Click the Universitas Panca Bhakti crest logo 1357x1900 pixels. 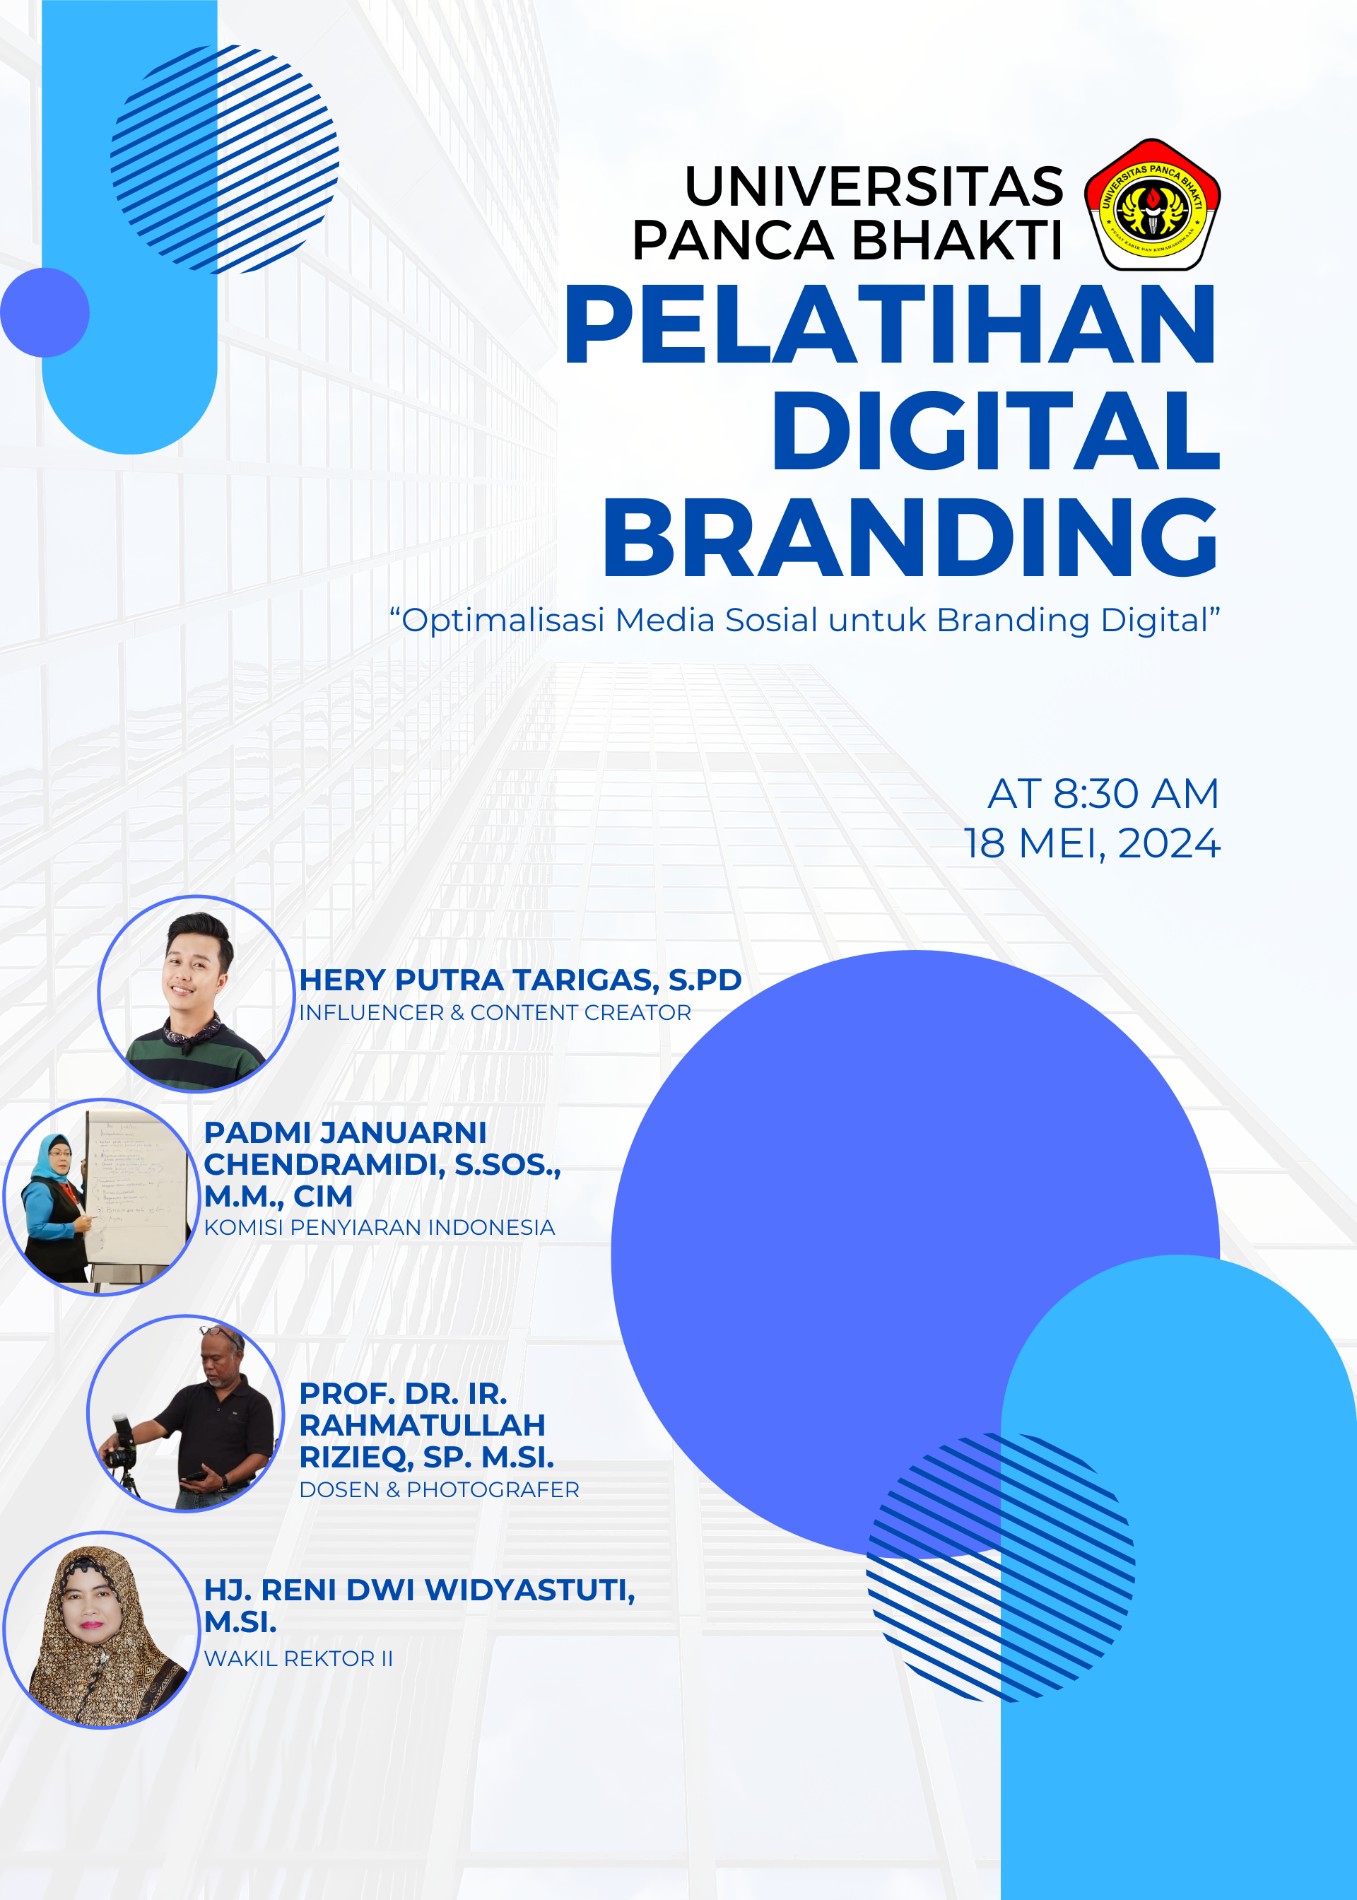[1152, 205]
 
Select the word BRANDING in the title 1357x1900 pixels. [910, 537]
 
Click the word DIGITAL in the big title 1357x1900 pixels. [995, 431]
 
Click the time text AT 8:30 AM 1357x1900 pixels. [1103, 793]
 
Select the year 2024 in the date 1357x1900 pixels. [1169, 844]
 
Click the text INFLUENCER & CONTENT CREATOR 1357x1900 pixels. [495, 1013]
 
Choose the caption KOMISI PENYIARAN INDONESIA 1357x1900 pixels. [380, 1227]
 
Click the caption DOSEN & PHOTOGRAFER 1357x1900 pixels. [439, 1490]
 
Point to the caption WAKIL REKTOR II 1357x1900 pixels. [298, 1658]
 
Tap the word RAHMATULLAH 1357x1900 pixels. [422, 1424]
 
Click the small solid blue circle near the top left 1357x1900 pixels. [45, 312]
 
